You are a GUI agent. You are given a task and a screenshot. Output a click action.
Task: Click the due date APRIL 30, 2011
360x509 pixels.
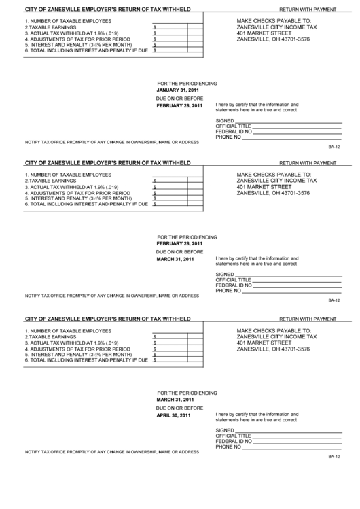pos(174,415)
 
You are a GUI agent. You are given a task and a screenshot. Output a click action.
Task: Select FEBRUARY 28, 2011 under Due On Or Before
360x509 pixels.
pos(179,106)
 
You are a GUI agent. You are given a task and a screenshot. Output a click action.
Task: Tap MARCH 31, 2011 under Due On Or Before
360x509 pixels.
pos(175,259)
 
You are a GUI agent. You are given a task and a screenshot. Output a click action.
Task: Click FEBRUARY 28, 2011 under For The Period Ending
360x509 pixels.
pos(179,243)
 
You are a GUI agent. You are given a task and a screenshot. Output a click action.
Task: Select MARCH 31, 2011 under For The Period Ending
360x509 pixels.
pos(175,399)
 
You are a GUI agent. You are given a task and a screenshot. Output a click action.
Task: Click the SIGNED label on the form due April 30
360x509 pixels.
pos(224,430)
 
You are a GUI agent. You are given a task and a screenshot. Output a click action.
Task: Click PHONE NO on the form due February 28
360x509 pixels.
pos(228,137)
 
